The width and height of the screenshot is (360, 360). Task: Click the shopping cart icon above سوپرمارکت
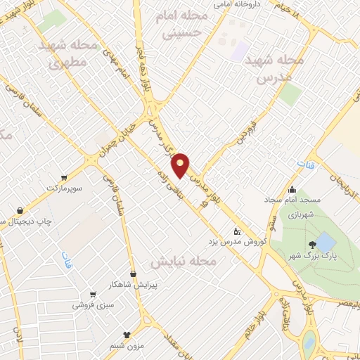[x=64, y=177]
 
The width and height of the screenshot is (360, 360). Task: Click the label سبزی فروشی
[x=91, y=306]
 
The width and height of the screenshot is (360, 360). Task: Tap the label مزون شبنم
[x=127, y=346]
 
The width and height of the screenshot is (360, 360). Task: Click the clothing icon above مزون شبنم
[x=127, y=335]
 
